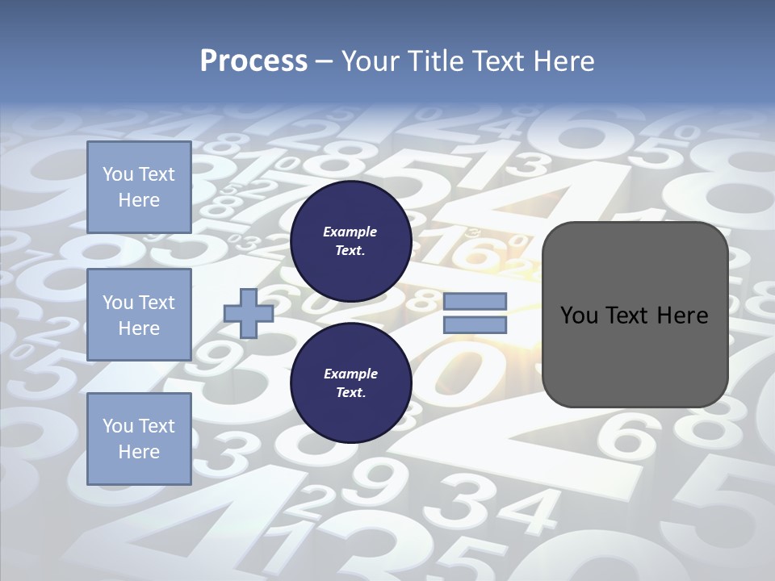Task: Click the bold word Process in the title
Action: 253,61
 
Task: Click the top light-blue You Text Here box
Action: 139,187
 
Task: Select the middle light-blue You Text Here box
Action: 139,315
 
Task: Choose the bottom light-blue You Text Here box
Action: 139,438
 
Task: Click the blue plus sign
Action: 249,314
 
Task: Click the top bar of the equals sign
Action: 475,301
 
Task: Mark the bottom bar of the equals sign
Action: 475,325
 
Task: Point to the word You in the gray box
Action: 577,316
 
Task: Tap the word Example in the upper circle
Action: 350,232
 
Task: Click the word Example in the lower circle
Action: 350,374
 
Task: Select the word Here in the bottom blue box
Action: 139,452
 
